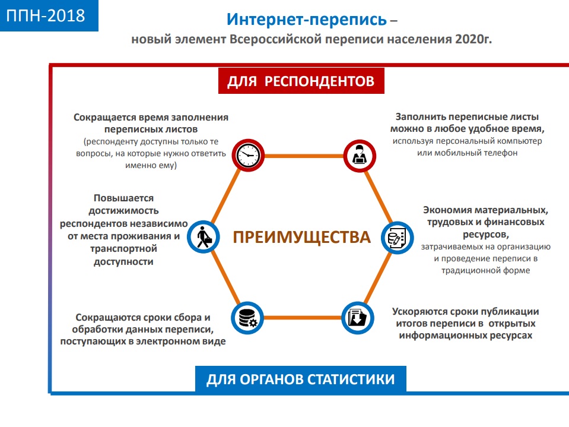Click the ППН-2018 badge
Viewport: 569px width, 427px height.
pos(49,15)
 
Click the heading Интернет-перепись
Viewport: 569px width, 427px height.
pos(307,20)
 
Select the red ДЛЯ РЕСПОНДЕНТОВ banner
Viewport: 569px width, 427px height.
pos(301,81)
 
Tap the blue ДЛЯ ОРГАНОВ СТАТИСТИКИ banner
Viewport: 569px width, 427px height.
pos(300,379)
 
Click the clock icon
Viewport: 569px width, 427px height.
pos(248,155)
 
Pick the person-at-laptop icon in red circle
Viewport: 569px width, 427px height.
pos(360,156)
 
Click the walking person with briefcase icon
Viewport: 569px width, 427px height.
pos(204,237)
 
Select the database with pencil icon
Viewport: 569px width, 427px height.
pos(398,238)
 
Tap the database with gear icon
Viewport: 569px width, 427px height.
pos(247,318)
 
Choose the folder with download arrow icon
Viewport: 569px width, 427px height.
pos(357,318)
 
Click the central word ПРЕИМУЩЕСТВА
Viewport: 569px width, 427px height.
pos(301,237)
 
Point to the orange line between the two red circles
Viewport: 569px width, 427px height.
pos(304,156)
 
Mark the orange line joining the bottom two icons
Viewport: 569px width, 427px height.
pos(303,318)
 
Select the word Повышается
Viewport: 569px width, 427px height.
pos(124,198)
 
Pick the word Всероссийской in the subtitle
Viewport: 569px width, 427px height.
pos(276,39)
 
